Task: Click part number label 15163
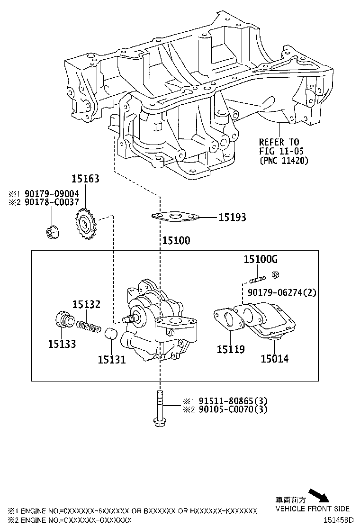[x=85, y=179]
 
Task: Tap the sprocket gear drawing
[x=85, y=224]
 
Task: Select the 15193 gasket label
[x=233, y=218]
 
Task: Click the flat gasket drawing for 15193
[x=174, y=217]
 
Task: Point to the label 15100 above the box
[x=176, y=240]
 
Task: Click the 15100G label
[x=261, y=259]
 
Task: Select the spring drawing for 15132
[x=89, y=327]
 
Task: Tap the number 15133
[x=62, y=344]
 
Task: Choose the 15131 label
[x=112, y=360]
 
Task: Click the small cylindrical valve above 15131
[x=111, y=333]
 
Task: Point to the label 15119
[x=231, y=350]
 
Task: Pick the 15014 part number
[x=275, y=359]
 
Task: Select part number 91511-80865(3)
[x=233, y=401]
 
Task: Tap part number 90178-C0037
[x=52, y=202]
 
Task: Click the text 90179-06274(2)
[x=282, y=292]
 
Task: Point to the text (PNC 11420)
[x=284, y=160]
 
